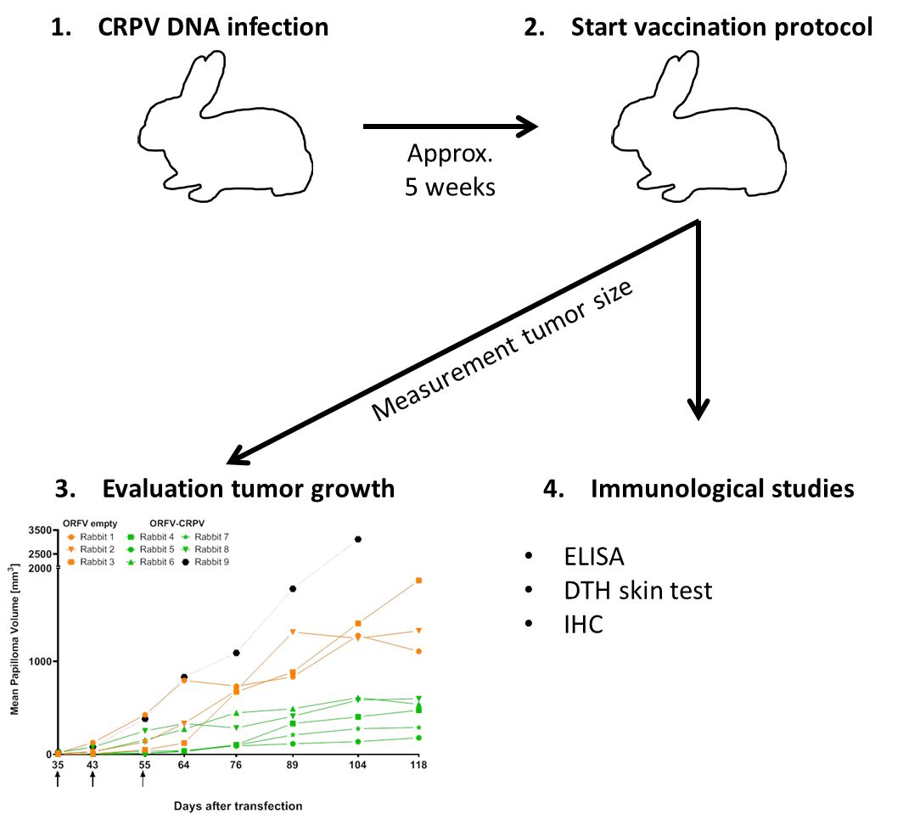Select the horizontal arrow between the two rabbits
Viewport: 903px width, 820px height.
pyautogui.click(x=450, y=127)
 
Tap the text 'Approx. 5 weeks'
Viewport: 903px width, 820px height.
pyautogui.click(x=450, y=171)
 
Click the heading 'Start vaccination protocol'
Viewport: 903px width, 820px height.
pyautogui.click(x=721, y=27)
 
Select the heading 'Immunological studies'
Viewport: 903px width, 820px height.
pyautogui.click(x=721, y=489)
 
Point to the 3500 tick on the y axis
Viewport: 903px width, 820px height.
pyautogui.click(x=39, y=530)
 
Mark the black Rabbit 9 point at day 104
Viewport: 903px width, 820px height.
pyautogui.click(x=358, y=539)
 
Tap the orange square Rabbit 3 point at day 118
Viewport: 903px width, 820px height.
pyautogui.click(x=418, y=581)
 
